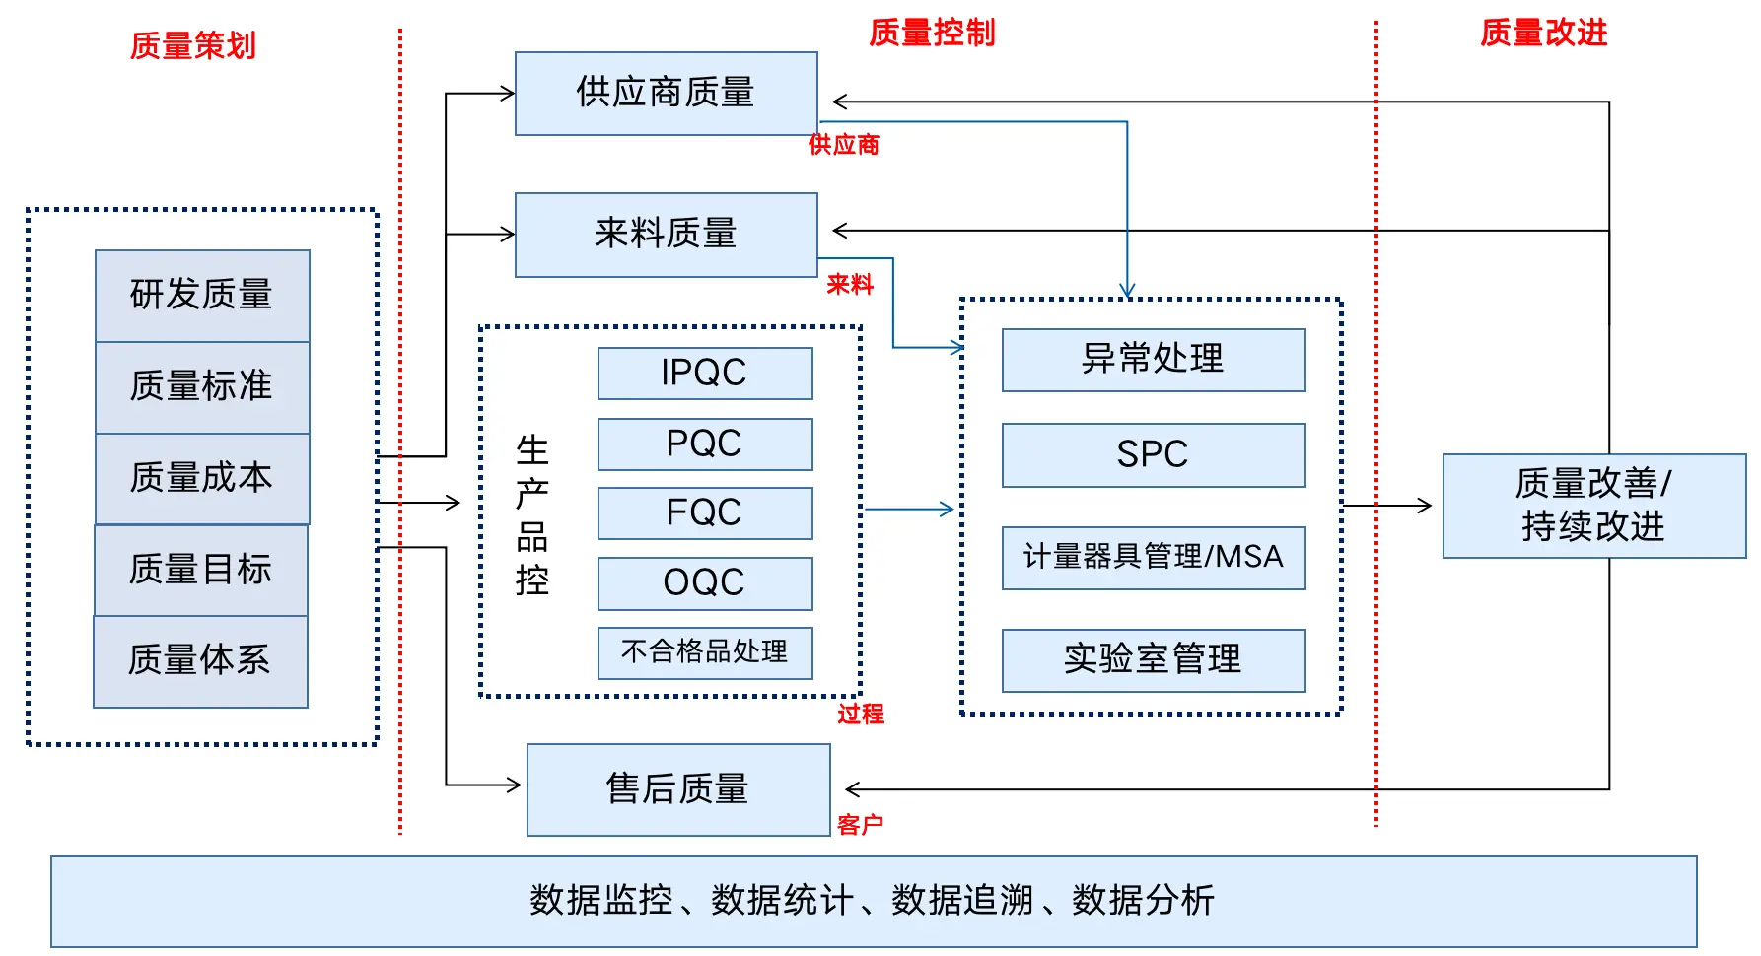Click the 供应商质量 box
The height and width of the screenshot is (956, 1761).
coord(666,94)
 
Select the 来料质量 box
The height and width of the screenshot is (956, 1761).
coord(666,235)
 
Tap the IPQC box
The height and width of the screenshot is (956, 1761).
coord(704,373)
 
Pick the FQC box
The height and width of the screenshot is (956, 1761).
coord(704,512)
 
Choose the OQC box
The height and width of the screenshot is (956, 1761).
coord(704,582)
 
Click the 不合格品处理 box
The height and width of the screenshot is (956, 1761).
coord(704,652)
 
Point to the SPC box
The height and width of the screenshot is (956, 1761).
coord(1153,454)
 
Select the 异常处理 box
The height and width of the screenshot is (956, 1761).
coord(1153,359)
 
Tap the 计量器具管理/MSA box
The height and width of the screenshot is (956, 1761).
coord(1153,557)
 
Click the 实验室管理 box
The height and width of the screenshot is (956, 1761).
coord(1153,659)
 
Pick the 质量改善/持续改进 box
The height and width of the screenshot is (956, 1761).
coord(1593,506)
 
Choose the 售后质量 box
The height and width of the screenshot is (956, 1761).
coord(678,789)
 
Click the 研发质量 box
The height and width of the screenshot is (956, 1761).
coord(202,295)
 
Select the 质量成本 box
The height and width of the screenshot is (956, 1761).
coord(202,478)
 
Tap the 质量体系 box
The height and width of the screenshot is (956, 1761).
coord(200,660)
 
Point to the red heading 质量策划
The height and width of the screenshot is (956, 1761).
coord(193,45)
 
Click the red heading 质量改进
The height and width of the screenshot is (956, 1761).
coord(1543,33)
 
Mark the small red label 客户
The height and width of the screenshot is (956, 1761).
coord(860,825)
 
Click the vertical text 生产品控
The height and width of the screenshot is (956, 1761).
coord(532,515)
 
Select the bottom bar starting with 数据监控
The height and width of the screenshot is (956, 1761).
coord(873,901)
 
